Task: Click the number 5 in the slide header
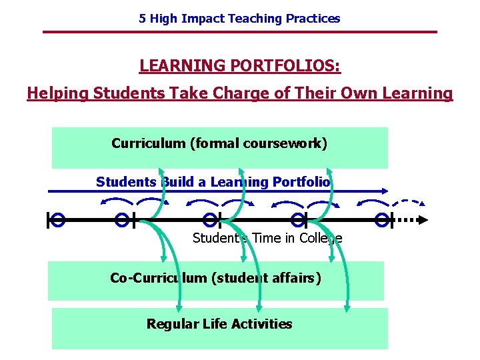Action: click(x=142, y=19)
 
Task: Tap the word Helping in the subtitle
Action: click(x=58, y=93)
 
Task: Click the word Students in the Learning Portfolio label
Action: click(x=125, y=182)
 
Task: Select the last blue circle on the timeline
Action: click(x=382, y=219)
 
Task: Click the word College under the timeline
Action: click(x=320, y=238)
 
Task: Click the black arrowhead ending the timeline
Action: click(x=423, y=219)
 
